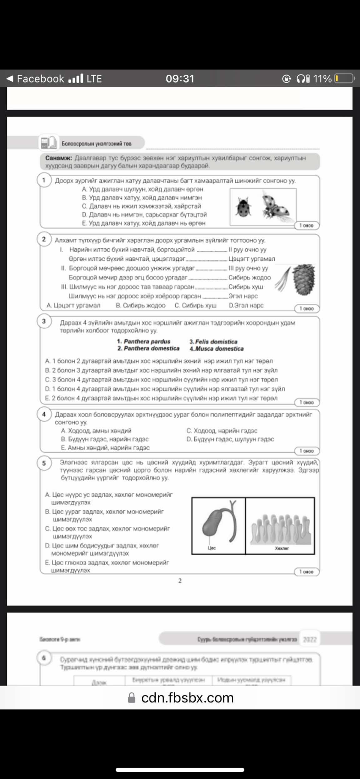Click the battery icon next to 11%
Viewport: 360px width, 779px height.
click(344, 79)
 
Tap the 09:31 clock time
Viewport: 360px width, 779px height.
click(180, 79)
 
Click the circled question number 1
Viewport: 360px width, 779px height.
click(44, 180)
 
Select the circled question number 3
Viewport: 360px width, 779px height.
click(44, 321)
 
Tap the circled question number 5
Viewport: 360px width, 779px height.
click(44, 463)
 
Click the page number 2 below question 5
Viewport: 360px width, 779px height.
click(180, 581)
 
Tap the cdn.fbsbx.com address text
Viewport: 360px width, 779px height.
click(187, 698)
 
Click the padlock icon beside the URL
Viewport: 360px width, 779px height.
click(132, 698)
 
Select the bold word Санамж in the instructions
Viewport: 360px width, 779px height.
click(59, 158)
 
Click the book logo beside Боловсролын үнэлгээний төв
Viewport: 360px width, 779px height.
click(48, 142)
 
